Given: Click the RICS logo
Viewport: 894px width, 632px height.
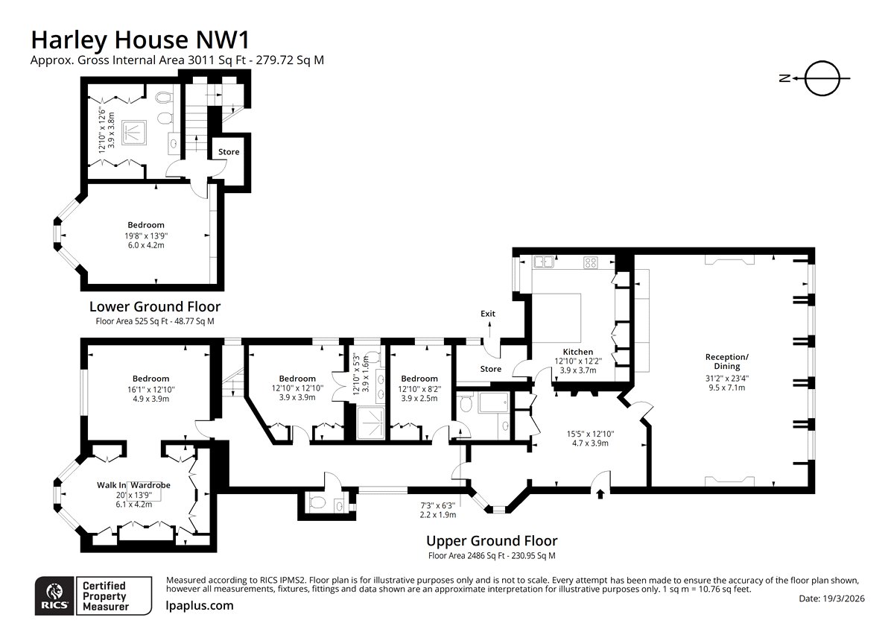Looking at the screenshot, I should (53, 595).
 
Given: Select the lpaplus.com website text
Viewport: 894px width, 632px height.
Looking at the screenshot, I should (199, 606).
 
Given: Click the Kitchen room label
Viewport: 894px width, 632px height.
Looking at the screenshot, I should (577, 352).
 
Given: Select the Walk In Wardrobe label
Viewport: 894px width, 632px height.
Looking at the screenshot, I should (133, 485).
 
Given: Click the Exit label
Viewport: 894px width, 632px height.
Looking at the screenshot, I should (488, 314).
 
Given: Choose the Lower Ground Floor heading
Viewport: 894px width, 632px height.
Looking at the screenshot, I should (154, 306).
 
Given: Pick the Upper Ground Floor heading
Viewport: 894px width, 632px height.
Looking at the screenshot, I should (491, 541).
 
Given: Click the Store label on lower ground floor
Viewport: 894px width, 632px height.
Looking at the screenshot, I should (229, 152).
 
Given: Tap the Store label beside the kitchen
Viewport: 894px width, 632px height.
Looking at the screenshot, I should (490, 369).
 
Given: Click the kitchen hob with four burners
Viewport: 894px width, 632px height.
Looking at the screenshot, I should (590, 262).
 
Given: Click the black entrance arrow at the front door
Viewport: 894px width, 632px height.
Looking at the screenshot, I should (600, 493).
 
